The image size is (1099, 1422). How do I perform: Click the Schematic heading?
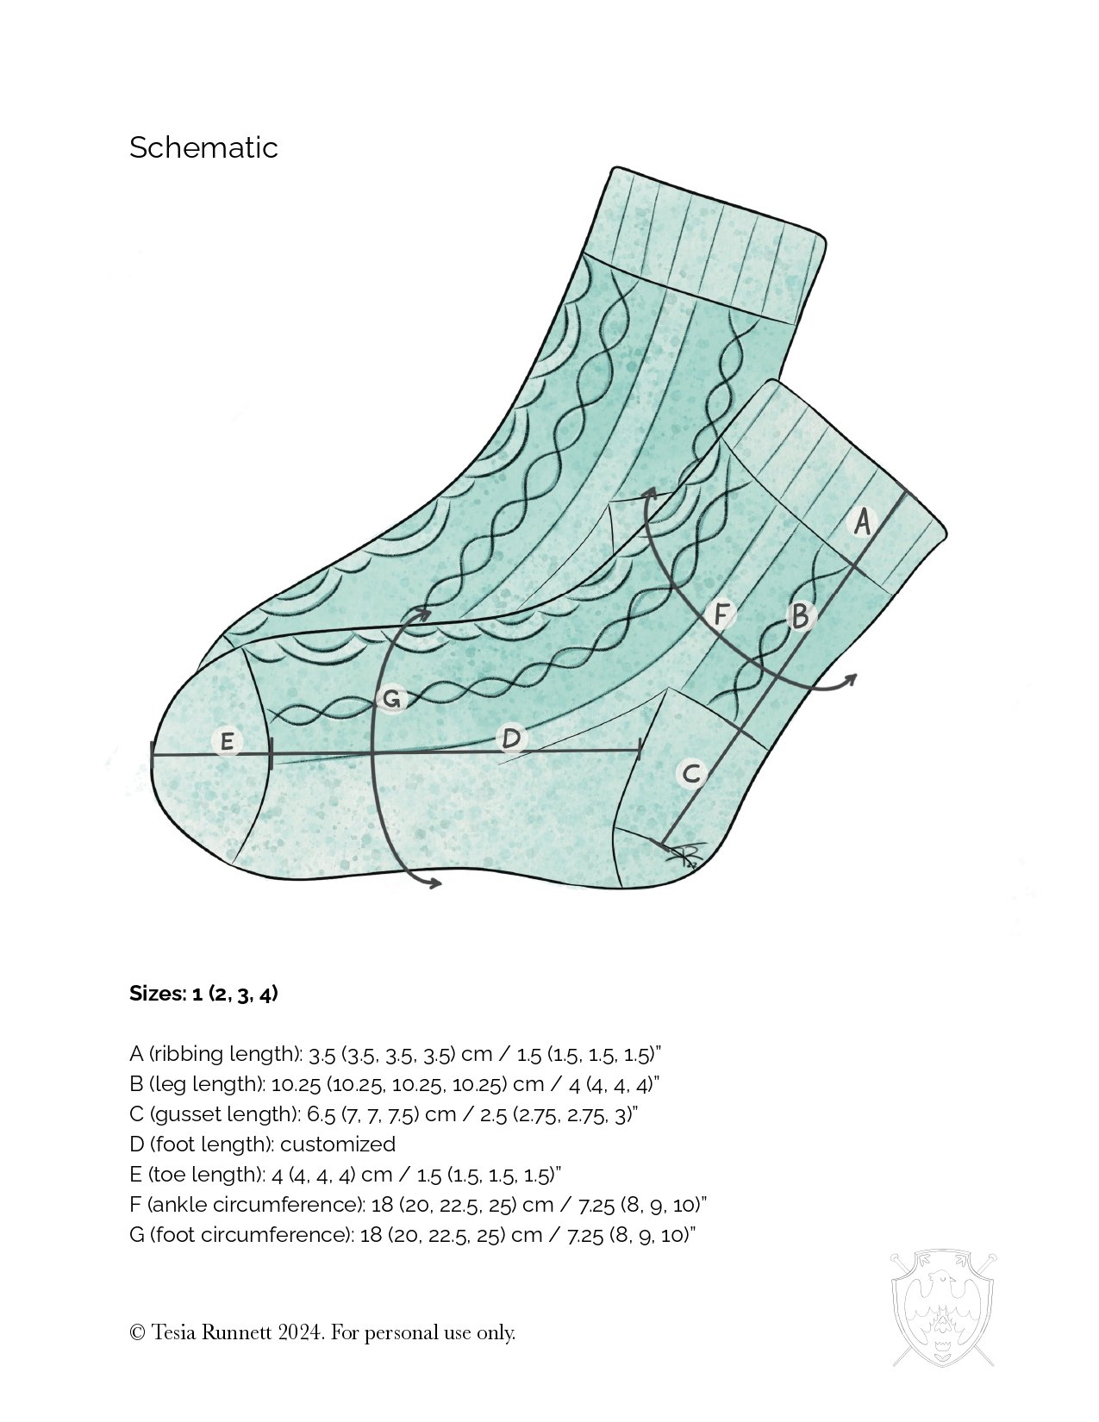click(203, 147)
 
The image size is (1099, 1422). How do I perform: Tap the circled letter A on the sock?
click(862, 522)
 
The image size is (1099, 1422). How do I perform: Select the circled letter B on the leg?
click(801, 615)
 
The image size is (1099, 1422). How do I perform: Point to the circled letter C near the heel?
click(691, 773)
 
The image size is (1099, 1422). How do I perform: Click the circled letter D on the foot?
click(511, 739)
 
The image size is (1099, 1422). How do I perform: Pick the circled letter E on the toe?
click(227, 742)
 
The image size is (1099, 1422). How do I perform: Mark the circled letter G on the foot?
click(391, 699)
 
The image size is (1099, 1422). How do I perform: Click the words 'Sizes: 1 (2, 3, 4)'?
click(203, 994)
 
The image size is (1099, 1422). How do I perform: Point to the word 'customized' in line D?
click(337, 1144)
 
